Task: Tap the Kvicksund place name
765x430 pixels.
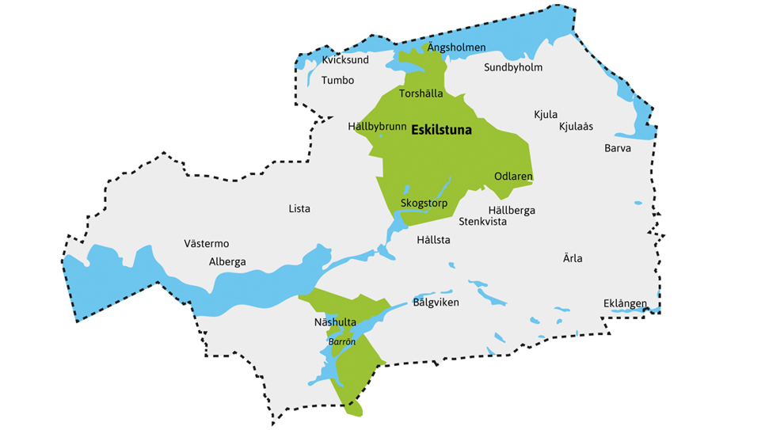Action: [x=345, y=60]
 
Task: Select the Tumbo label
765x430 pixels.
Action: [x=337, y=80]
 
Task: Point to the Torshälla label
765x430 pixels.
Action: [x=421, y=93]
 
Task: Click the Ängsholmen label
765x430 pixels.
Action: [x=456, y=48]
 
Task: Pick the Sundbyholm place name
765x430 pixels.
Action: [x=513, y=67]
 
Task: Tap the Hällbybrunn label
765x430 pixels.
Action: [x=377, y=127]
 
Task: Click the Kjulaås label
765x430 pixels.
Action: [x=576, y=127]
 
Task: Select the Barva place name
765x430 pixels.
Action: [x=618, y=148]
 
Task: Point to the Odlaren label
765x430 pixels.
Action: [x=513, y=176]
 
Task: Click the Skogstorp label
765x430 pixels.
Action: [x=424, y=204]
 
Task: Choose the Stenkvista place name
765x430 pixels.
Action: [x=482, y=222]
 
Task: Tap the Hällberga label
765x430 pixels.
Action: [x=512, y=210]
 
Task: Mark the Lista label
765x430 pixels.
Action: [x=299, y=209]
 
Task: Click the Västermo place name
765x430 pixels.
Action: [x=206, y=244]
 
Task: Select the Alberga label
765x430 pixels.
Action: [x=227, y=262]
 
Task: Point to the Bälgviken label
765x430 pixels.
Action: [x=436, y=303]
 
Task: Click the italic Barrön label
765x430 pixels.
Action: [x=342, y=342]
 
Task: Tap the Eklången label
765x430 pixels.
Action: [x=625, y=303]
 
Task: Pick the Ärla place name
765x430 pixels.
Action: [x=573, y=259]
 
